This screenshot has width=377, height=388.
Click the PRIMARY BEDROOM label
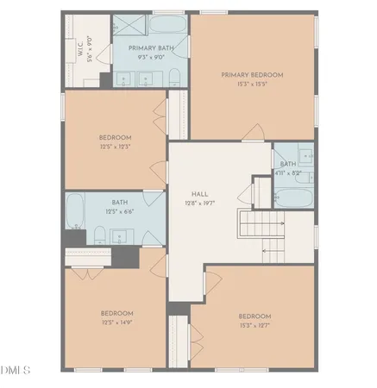[251, 75]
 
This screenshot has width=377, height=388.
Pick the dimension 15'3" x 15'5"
[251, 84]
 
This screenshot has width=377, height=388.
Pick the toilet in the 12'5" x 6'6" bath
[100, 234]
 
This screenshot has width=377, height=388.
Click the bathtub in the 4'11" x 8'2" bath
[293, 197]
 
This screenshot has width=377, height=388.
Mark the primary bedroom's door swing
[254, 131]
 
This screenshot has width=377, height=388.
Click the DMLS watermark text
[16, 371]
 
